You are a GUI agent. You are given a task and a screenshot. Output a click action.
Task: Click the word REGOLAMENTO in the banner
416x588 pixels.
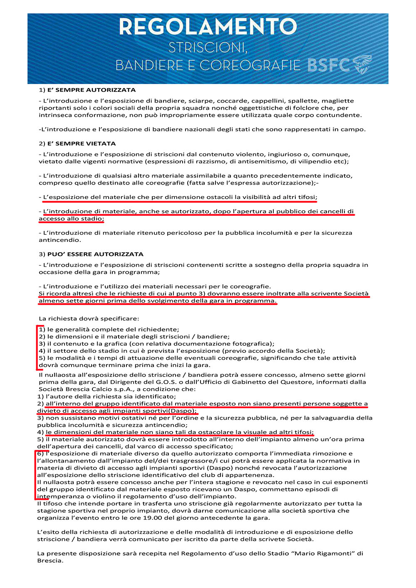tap(208, 27)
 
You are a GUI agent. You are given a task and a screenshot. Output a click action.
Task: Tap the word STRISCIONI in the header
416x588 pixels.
tap(208, 48)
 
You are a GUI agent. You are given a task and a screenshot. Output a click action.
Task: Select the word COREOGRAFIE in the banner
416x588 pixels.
tap(250, 65)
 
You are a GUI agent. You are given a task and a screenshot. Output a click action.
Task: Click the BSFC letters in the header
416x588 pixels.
tap(329, 65)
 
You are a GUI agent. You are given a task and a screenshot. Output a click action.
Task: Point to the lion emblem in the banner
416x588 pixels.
tap(362, 64)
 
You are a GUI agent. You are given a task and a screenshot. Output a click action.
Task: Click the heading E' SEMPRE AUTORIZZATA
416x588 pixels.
tap(92, 90)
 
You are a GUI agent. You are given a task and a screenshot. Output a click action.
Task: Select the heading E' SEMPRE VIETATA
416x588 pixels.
tap(82, 143)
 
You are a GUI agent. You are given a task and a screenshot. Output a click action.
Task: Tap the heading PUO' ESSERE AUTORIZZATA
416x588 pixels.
tap(95, 254)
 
